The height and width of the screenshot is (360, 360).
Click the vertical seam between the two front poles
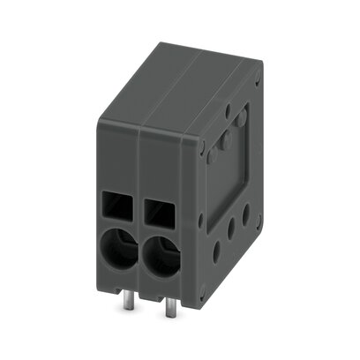(139, 212)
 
